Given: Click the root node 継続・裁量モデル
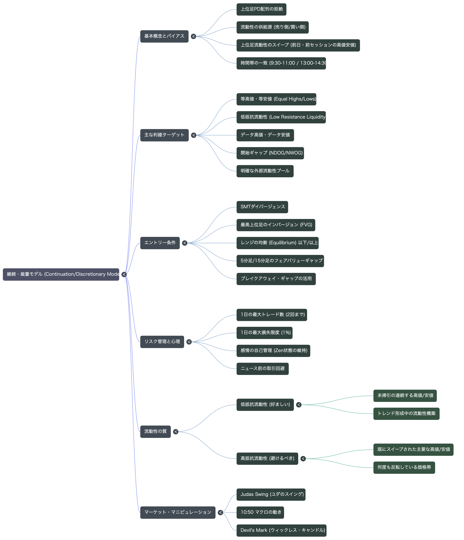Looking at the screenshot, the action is (61, 274).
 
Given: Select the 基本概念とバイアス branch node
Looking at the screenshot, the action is (164, 36).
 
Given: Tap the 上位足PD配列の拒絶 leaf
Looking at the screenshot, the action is (261, 9).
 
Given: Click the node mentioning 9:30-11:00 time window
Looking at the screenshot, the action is (281, 63).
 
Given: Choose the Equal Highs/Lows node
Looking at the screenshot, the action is (276, 99).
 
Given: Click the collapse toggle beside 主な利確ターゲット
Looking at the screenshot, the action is (194, 135).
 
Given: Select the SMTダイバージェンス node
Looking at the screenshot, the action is (262, 207).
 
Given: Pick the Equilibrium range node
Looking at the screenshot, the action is (278, 243).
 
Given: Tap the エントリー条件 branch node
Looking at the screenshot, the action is (160, 243).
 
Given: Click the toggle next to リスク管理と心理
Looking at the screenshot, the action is (189, 342).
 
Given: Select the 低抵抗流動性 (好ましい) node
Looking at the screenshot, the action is (265, 405).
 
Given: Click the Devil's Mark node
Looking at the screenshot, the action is (281, 530).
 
